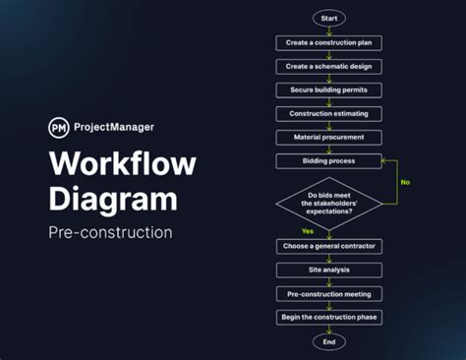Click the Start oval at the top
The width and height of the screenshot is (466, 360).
pyautogui.click(x=328, y=19)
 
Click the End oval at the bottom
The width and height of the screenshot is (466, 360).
pyautogui.click(x=328, y=341)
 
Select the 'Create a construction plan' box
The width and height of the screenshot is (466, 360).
pyautogui.click(x=328, y=42)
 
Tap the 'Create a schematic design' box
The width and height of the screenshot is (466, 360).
pyautogui.click(x=328, y=66)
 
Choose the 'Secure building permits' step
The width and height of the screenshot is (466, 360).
pyautogui.click(x=328, y=90)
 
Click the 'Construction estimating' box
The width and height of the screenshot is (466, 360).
pyautogui.click(x=328, y=113)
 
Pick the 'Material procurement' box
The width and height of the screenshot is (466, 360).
pyautogui.click(x=328, y=137)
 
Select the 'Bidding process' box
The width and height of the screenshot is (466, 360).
pyautogui.click(x=328, y=160)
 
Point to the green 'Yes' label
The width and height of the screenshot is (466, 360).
pyautogui.click(x=308, y=231)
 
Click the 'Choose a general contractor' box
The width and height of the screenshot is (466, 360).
pyautogui.click(x=328, y=246)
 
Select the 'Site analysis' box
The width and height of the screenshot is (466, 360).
pyautogui.click(x=328, y=270)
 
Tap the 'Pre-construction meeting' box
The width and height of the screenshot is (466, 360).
pyautogui.click(x=328, y=293)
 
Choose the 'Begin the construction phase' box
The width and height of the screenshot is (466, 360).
pyautogui.click(x=328, y=317)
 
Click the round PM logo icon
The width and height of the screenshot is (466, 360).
pyautogui.click(x=59, y=127)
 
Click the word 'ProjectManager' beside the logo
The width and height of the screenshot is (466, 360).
pyautogui.click(x=114, y=127)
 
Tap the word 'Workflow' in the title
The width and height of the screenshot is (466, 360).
pyautogui.click(x=122, y=164)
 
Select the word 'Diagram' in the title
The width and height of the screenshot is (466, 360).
pyautogui.click(x=113, y=200)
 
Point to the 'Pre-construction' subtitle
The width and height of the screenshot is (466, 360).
pyautogui.click(x=110, y=233)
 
